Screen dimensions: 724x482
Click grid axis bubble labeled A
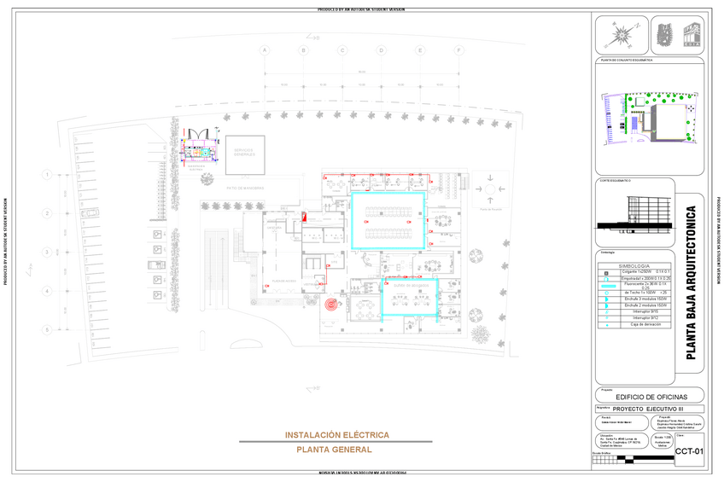(265, 50)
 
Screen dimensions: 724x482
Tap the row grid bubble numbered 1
(47, 175)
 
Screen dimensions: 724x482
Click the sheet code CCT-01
(688, 451)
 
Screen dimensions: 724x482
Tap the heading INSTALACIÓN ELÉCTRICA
(336, 435)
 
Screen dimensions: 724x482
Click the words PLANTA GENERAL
(333, 450)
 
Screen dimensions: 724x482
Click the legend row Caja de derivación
(633, 324)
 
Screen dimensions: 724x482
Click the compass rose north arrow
(621, 37)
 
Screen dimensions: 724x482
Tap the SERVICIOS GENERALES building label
(244, 150)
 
